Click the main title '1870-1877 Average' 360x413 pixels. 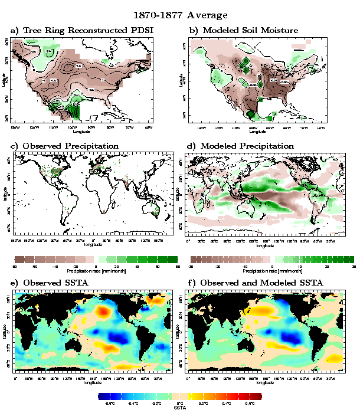pyautogui.click(x=180, y=14)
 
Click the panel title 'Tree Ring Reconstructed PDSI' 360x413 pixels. pyautogui.click(x=86, y=30)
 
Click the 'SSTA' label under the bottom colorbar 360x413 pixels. pyautogui.click(x=180, y=407)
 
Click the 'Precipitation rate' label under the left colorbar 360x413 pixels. pyautogui.click(x=96, y=270)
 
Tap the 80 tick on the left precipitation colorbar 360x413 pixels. pyautogui.click(x=176, y=266)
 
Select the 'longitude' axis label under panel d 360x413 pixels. pyautogui.click(x=267, y=244)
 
